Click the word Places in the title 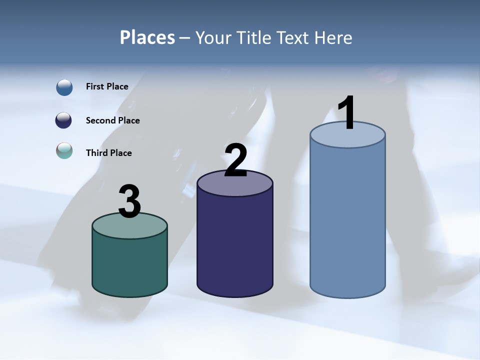click(147, 37)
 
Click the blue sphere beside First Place click(64, 87)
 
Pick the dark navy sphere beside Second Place click(64, 120)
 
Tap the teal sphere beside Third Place click(64, 150)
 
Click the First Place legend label click(107, 86)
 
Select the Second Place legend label click(112, 120)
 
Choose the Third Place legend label click(108, 153)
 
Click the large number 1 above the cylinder click(347, 113)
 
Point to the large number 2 click(235, 160)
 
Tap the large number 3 click(129, 202)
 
